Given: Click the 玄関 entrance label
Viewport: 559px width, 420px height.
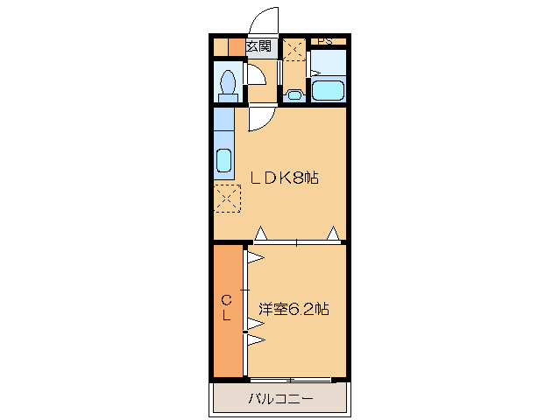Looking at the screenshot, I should pyautogui.click(x=258, y=47).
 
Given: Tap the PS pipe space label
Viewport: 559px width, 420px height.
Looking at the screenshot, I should pyautogui.click(x=325, y=40).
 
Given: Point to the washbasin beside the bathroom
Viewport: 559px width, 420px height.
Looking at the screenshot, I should pyautogui.click(x=294, y=95).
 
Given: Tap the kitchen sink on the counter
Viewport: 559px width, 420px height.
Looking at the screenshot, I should pyautogui.click(x=223, y=162).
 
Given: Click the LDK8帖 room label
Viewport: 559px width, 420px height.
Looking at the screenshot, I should pyautogui.click(x=284, y=178).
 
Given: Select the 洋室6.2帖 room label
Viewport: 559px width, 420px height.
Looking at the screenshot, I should pyautogui.click(x=294, y=309).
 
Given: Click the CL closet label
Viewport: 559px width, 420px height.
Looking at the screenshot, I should pyautogui.click(x=225, y=309).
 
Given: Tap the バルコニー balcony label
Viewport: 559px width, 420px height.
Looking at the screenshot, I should pyautogui.click(x=280, y=399).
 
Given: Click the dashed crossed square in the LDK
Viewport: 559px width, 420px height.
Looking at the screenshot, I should pyautogui.click(x=227, y=199).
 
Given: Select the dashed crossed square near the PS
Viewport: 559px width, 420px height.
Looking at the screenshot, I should pyautogui.click(x=294, y=51).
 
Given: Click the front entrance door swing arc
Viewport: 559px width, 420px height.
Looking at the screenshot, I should pyautogui.click(x=264, y=21).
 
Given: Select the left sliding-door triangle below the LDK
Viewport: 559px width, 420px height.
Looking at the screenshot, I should pyautogui.click(x=260, y=234).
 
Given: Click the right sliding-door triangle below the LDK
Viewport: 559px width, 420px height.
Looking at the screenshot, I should pyautogui.click(x=334, y=234).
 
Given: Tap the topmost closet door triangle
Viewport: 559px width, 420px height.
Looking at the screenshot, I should pyautogui.click(x=255, y=258).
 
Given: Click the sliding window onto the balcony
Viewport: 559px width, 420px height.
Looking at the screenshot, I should pyautogui.click(x=289, y=380).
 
